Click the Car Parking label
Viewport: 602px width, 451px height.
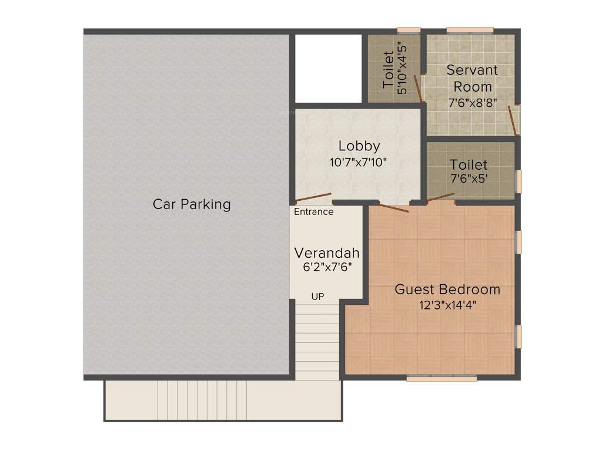[x=192, y=204]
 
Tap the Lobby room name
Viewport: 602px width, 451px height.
[x=359, y=146]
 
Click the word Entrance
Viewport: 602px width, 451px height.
[x=313, y=212]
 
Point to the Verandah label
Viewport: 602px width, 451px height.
[x=326, y=253]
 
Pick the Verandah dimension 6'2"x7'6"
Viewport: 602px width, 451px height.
[x=326, y=267]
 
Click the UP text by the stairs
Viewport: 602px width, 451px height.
[x=317, y=297]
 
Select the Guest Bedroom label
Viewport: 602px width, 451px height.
[x=447, y=290]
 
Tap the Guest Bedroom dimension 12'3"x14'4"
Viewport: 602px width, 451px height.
[x=447, y=305]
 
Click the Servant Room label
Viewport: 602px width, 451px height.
[x=472, y=78]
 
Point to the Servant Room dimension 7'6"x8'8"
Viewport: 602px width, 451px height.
[x=472, y=102]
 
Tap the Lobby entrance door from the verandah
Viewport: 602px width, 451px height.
[x=313, y=197]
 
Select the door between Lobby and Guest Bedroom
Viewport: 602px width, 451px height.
[x=394, y=207]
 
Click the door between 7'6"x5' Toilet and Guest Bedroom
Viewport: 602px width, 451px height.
[x=440, y=197]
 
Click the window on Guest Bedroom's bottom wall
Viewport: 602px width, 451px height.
[x=442, y=379]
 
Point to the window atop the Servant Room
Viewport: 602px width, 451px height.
[x=469, y=30]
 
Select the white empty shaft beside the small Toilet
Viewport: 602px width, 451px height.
[x=327, y=68]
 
